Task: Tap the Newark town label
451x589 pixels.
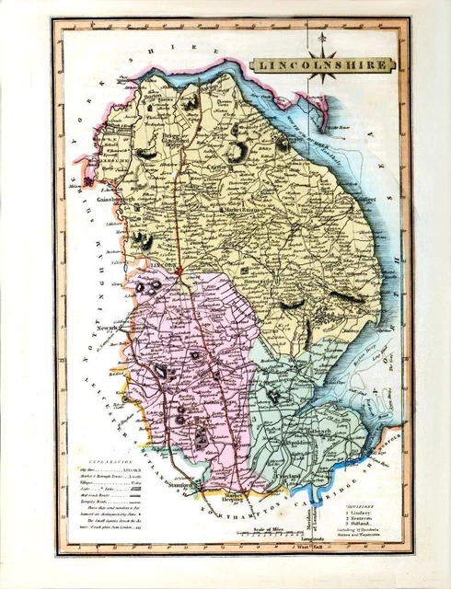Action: click(109, 327)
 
